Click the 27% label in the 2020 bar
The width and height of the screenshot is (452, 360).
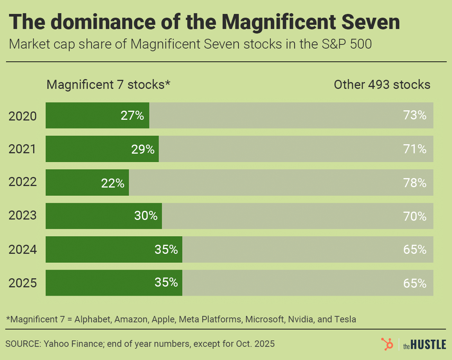point(132,116)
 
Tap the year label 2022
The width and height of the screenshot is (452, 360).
point(23,182)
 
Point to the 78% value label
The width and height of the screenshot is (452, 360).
point(415,183)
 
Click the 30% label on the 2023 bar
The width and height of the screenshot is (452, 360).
point(145,216)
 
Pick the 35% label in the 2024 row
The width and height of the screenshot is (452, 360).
point(166,250)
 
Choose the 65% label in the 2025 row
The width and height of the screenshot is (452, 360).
point(415,283)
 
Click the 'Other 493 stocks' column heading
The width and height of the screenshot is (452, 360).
point(382,85)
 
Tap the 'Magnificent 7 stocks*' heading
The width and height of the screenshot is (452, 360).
point(108,85)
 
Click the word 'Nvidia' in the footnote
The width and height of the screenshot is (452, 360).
point(300,319)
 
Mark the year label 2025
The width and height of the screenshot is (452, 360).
point(23,283)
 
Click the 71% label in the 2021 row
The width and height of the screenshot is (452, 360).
point(415,149)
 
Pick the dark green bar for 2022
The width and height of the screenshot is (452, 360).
point(87,183)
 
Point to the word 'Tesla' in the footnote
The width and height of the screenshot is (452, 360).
point(345,319)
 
